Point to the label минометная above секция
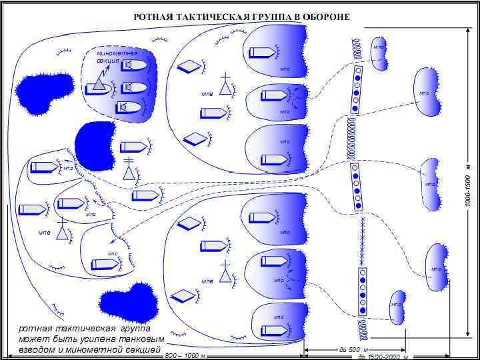(x=117, y=53)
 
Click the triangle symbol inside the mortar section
(x=99, y=81)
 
